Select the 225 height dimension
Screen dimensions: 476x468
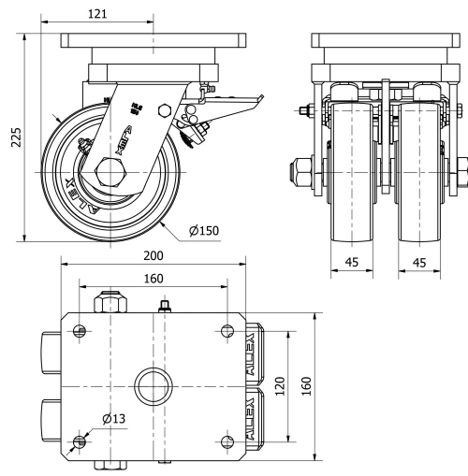pos(12,137)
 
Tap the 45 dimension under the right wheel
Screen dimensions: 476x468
pos(419,263)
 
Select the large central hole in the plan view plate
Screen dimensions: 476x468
pos(152,384)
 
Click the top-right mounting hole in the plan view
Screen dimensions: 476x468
pos(225,330)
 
